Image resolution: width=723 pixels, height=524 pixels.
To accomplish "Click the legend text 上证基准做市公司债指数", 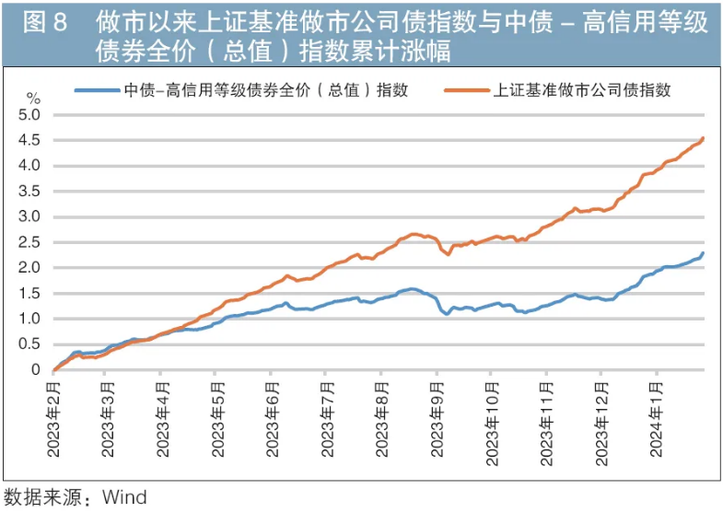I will coord(582,90).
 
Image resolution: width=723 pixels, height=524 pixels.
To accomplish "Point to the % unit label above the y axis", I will coord(34,97).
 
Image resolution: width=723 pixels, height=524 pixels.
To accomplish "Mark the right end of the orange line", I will coord(704,139).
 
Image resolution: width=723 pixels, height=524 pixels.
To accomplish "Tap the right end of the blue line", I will coord(704,253).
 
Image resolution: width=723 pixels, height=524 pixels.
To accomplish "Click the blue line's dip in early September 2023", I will coord(447,314).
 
